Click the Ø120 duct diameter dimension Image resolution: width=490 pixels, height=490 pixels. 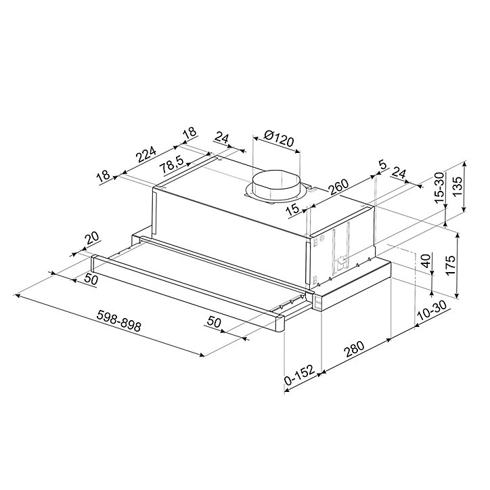point(279,139)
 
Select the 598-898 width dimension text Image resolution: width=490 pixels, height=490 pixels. point(119,321)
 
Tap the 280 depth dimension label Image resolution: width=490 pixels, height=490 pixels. point(355,349)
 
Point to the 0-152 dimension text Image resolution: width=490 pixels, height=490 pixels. point(298,376)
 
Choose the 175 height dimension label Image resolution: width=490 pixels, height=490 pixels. point(450,265)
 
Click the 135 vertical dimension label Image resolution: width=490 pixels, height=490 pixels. point(458,187)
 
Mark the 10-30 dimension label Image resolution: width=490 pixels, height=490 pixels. point(432,311)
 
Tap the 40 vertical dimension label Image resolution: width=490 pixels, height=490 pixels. point(426,261)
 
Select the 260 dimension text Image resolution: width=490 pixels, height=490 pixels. point(338,187)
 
